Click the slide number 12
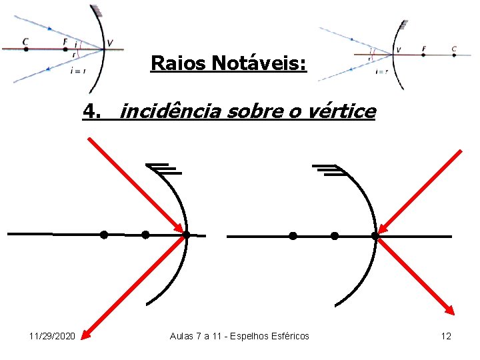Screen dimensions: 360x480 click(x=446, y=336)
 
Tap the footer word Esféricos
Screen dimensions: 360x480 click(x=288, y=336)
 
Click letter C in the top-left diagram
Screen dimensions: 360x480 click(x=25, y=41)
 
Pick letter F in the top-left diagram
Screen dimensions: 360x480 click(x=65, y=41)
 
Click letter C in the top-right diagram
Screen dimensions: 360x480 click(x=453, y=49)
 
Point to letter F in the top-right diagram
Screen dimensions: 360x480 click(x=424, y=49)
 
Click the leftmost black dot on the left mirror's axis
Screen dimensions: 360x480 click(x=103, y=235)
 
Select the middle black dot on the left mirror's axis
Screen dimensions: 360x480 click(x=145, y=235)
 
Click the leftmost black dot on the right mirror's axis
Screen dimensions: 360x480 click(x=293, y=235)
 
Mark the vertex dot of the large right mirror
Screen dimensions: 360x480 click(x=375, y=235)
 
